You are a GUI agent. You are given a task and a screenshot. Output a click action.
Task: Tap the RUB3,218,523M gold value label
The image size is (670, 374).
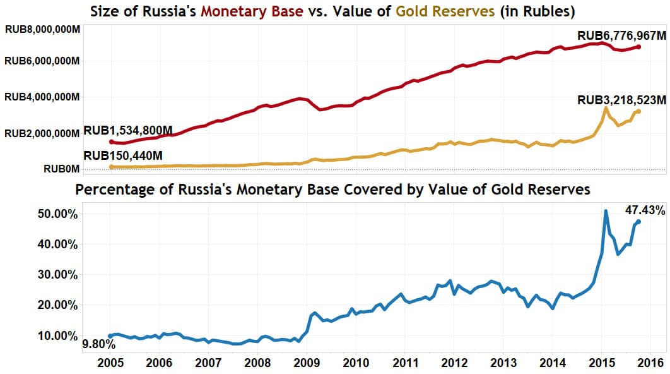621,100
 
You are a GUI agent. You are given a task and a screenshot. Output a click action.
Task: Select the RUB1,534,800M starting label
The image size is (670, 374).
128,131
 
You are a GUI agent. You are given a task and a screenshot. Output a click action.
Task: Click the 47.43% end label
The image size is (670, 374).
645,210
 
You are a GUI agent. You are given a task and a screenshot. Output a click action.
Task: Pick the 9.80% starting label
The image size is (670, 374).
98,344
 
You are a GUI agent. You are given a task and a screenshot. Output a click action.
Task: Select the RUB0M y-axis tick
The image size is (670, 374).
61,169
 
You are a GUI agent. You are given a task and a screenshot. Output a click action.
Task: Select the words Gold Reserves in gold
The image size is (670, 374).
449,11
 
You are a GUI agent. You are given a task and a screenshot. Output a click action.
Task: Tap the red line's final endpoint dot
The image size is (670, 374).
638,47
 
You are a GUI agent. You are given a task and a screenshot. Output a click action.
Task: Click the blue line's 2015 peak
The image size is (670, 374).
606,211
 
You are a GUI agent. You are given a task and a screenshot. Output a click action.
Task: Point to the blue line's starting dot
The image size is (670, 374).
110,336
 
